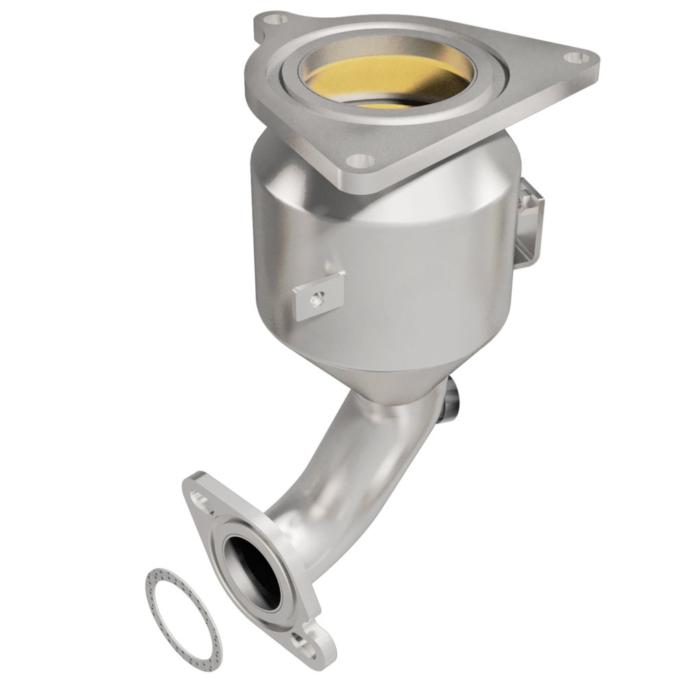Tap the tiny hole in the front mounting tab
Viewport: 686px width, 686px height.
pos(316,298)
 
